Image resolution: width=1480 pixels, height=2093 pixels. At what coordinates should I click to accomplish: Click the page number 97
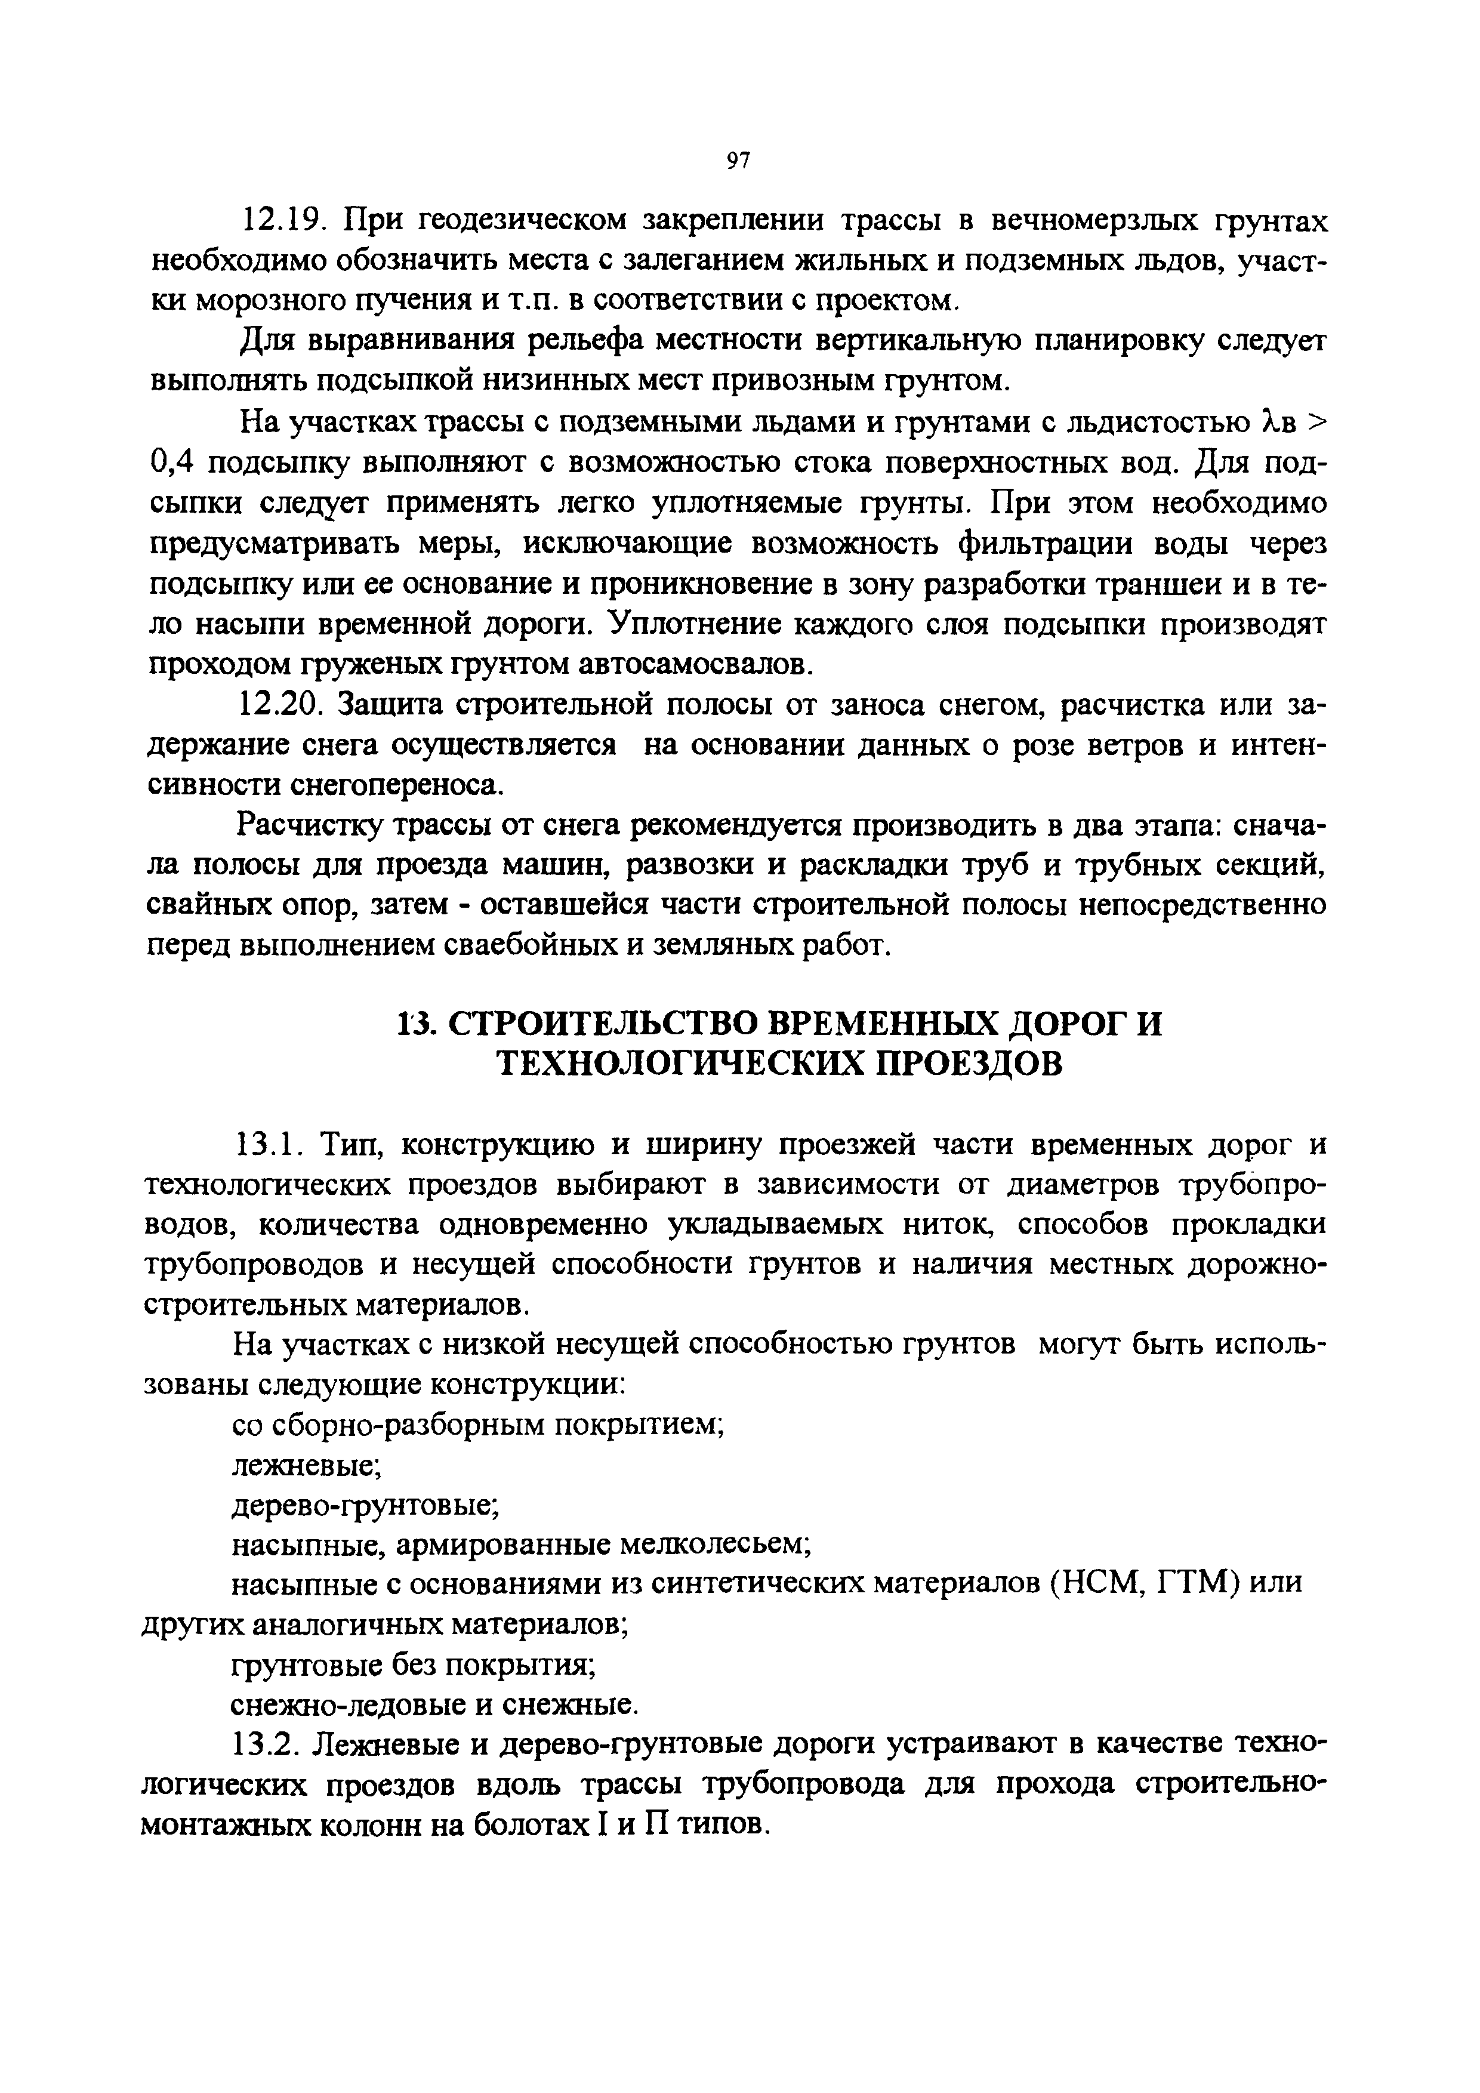(x=738, y=161)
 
